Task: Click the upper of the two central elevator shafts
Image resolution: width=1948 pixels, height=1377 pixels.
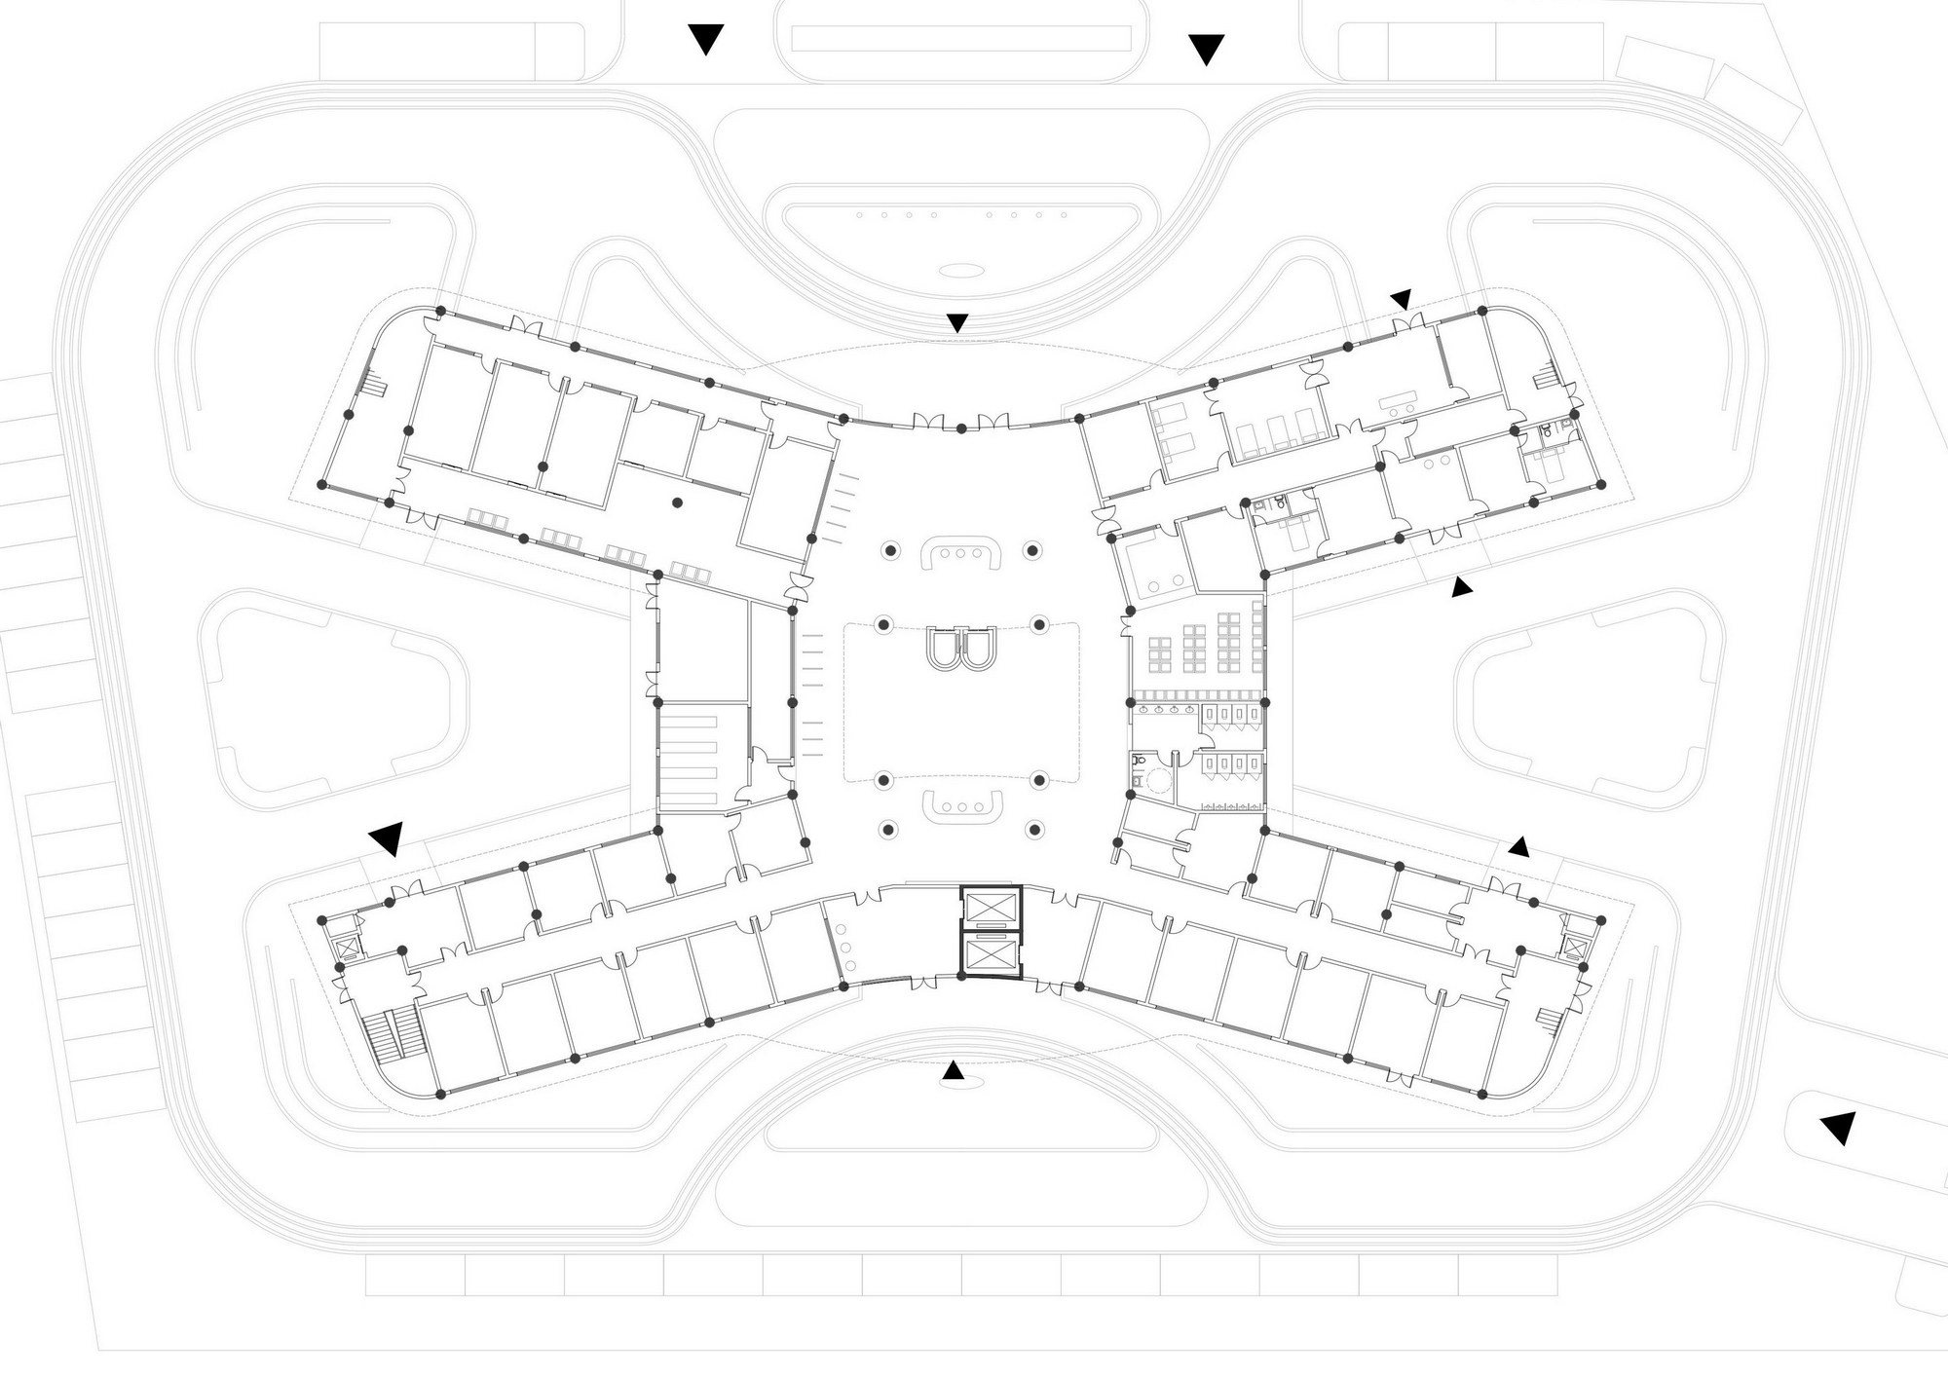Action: [989, 908]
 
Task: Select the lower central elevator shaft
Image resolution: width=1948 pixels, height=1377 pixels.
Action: [989, 954]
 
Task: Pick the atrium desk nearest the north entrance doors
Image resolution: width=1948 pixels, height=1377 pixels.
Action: [961, 552]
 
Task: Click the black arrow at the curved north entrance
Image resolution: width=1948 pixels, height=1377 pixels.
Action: [957, 322]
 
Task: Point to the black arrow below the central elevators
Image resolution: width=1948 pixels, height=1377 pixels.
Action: [953, 1071]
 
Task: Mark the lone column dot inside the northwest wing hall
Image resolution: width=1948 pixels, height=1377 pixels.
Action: [678, 502]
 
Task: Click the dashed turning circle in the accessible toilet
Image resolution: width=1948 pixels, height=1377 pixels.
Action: [1160, 780]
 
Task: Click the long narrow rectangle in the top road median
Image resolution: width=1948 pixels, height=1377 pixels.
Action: [960, 39]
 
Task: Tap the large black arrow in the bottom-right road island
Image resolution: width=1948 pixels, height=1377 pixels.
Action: [1838, 1127]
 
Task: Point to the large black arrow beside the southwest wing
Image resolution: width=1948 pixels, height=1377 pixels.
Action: [388, 837]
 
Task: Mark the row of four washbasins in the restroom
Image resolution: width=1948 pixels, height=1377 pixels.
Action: [1163, 710]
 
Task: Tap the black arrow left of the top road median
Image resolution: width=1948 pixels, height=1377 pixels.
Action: [705, 39]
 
